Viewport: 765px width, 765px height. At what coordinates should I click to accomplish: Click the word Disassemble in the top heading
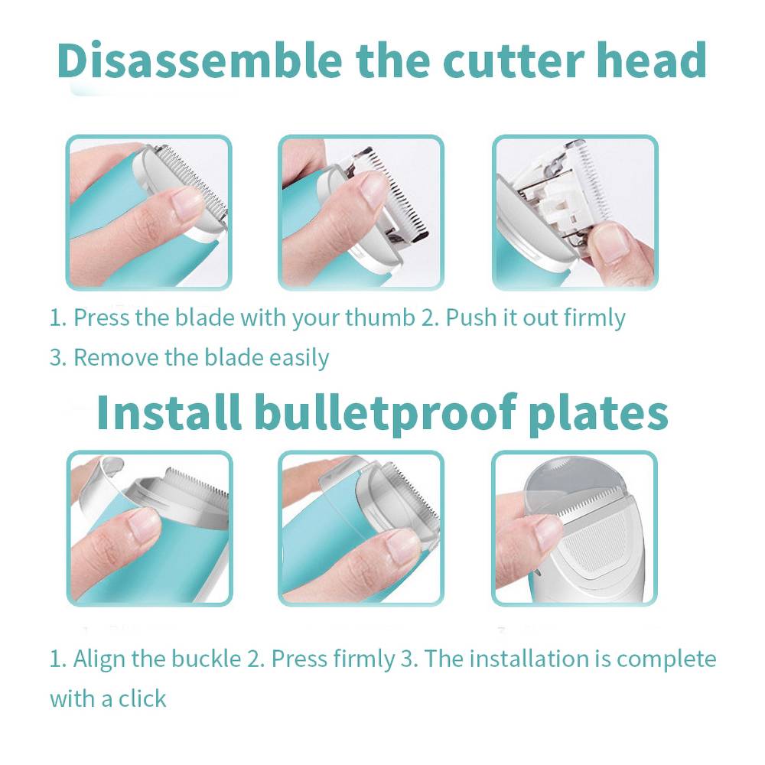pyautogui.click(x=200, y=60)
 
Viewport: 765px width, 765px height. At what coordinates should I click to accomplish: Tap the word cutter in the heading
pyautogui.click(x=513, y=61)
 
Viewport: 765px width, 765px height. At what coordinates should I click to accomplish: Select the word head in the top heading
pyautogui.click(x=651, y=60)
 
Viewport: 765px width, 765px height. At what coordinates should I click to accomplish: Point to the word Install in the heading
pyautogui.click(x=169, y=412)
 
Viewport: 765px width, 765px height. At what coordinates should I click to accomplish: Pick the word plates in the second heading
pyautogui.click(x=598, y=415)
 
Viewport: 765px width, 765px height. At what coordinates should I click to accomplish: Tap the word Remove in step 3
pyautogui.click(x=116, y=357)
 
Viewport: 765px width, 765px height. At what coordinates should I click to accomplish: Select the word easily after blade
pyautogui.click(x=299, y=359)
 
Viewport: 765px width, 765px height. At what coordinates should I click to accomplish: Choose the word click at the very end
pyautogui.click(x=142, y=698)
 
